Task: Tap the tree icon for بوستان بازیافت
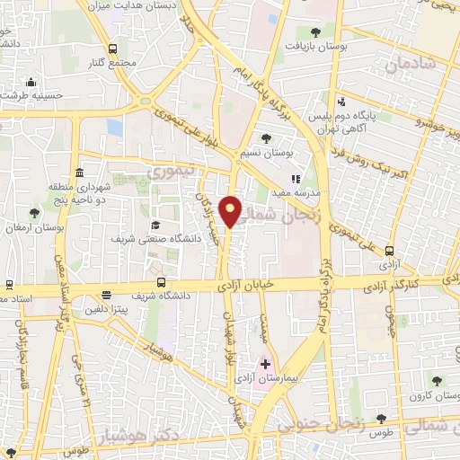point(313,31)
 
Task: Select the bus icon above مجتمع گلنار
point(112,49)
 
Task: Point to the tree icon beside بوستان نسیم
point(266,138)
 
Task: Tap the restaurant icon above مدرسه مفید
point(296,178)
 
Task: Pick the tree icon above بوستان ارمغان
point(34,213)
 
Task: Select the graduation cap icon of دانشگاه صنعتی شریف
point(155,225)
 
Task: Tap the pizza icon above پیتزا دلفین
point(107,295)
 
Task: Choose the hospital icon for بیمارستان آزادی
point(264,365)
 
